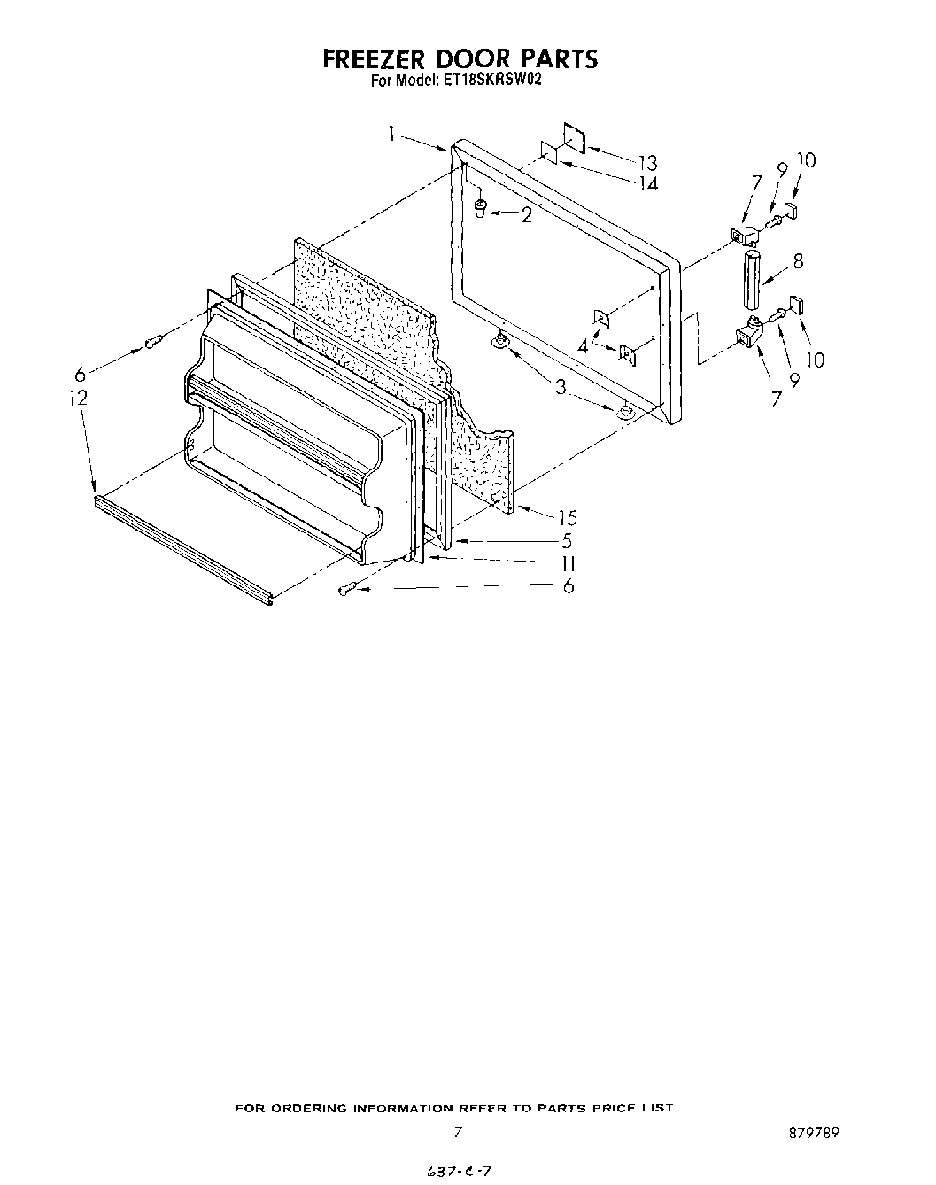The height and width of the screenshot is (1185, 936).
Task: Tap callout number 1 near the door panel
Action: (391, 134)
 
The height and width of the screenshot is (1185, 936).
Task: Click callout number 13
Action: (647, 163)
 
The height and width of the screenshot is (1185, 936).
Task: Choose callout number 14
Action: (649, 183)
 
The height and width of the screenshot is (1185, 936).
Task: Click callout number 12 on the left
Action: (79, 399)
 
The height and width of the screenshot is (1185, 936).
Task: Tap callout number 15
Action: (568, 518)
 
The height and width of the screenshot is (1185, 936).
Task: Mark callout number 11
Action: (568, 563)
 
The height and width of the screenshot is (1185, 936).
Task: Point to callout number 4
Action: (583, 346)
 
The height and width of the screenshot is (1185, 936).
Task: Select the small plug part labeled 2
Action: (481, 208)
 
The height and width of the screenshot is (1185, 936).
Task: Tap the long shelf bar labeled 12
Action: (182, 550)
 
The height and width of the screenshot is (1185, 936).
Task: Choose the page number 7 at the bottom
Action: (457, 1132)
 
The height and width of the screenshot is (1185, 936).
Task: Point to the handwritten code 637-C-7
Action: (459, 1171)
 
